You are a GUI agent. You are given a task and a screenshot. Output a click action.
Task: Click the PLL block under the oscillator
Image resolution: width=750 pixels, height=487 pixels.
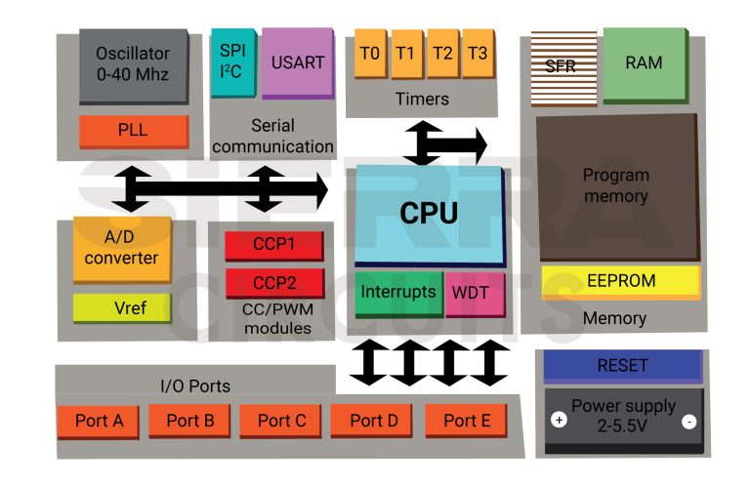click(133, 130)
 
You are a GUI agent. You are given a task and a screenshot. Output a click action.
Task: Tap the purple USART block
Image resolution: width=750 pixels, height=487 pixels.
click(298, 62)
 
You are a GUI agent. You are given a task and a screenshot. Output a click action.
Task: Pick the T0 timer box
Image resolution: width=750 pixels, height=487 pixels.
click(370, 54)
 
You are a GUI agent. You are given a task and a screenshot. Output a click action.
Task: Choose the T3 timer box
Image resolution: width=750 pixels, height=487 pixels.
click(478, 54)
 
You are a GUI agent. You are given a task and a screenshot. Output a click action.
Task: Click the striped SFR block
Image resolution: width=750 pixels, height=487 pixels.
click(561, 67)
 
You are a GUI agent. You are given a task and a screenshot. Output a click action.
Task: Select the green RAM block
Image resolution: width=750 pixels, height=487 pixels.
click(644, 63)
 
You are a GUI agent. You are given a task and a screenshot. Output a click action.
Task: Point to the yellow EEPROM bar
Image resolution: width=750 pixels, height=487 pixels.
click(621, 281)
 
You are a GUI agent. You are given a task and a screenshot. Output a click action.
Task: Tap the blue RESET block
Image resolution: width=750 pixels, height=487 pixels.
click(622, 366)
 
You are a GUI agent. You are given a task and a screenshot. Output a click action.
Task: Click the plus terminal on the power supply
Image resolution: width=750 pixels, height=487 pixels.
click(559, 421)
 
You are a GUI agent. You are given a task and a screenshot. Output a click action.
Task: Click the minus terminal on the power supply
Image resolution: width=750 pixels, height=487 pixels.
click(688, 422)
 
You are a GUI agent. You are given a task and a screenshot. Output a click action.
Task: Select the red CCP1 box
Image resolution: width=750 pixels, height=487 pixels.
click(273, 245)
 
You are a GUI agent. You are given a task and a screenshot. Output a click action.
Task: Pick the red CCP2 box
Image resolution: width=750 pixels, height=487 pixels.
click(273, 283)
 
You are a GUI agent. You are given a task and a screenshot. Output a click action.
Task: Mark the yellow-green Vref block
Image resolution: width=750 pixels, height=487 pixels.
click(122, 308)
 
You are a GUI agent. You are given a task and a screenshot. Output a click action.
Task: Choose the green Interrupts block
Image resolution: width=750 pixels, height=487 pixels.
click(397, 293)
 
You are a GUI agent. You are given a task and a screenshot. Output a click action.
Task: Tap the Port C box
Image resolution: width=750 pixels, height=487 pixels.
click(281, 421)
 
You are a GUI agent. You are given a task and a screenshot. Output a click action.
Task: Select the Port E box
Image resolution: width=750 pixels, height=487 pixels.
click(467, 421)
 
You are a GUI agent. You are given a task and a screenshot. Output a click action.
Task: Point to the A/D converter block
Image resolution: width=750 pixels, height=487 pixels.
click(122, 248)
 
